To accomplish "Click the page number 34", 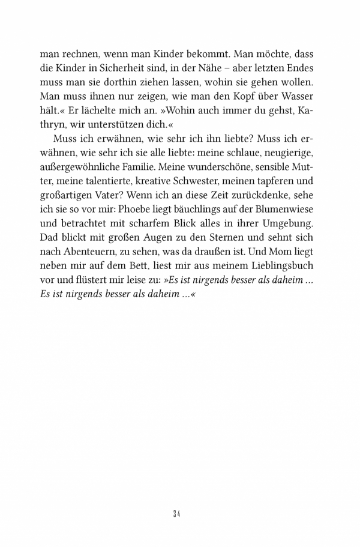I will point(177,514).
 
